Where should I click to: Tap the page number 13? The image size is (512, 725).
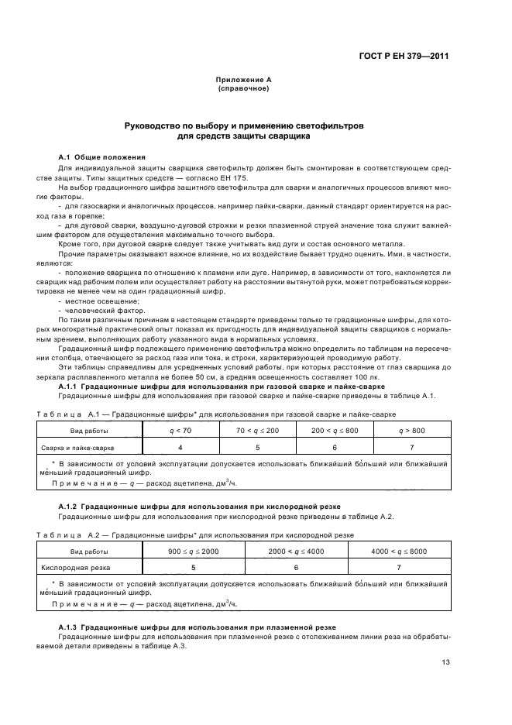[445, 661]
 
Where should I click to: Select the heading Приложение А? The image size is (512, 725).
[243, 80]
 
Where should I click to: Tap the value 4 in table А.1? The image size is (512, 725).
[180, 447]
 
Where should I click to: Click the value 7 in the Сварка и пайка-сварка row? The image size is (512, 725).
[411, 447]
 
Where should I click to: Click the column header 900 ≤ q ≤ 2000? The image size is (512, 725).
[194, 551]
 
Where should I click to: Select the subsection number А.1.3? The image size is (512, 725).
[70, 627]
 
